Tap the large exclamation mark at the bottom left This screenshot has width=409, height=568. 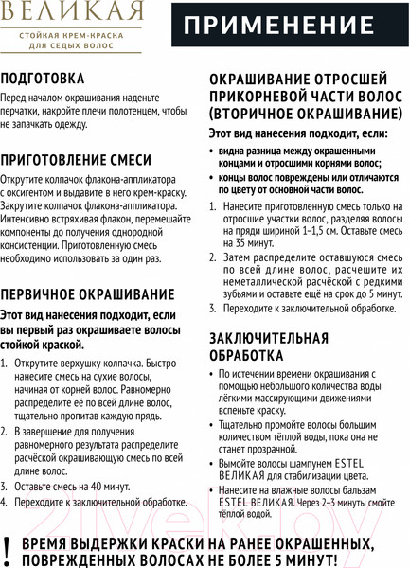(9, 548)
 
